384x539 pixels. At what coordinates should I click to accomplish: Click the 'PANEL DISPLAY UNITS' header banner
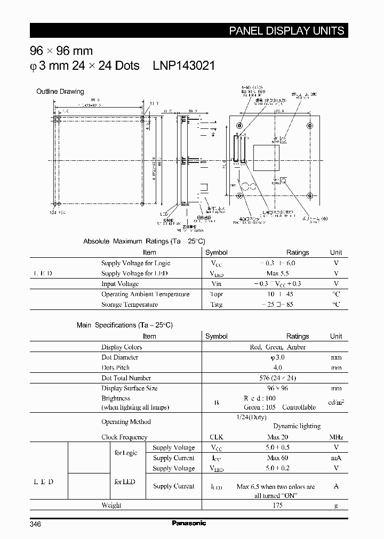pos(286,31)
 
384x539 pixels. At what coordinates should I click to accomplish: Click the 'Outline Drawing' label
pos(60,92)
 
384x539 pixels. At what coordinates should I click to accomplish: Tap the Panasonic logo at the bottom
pos(189,524)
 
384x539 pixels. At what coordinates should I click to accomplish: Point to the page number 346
pos(35,524)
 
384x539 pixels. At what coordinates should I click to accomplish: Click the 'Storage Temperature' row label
pos(130,305)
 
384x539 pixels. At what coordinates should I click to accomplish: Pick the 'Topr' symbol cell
pos(216,294)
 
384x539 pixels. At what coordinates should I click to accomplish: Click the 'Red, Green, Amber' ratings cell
pos(278,347)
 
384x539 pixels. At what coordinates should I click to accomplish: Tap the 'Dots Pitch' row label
pos(116,367)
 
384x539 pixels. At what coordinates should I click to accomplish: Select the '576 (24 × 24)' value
pos(277,378)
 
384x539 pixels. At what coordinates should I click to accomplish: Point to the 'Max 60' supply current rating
pos(277,458)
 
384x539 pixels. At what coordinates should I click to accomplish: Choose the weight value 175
pos(277,505)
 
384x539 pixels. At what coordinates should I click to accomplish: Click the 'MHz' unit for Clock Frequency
pos(336,437)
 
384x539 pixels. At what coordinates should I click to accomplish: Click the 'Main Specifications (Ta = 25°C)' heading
pos(125,325)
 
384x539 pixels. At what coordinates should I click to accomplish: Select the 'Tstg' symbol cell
pos(216,305)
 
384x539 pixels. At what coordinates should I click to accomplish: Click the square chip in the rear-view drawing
pos(265,158)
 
